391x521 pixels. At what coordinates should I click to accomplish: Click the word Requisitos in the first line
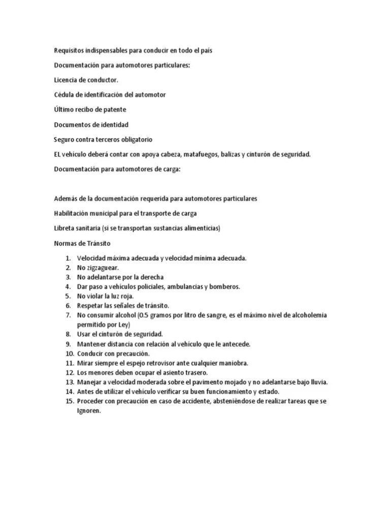[x=70, y=50]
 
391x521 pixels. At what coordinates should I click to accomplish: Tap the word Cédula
[x=64, y=95]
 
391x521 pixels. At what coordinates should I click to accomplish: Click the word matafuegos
[x=200, y=154]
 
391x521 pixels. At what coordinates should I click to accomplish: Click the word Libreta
[x=64, y=228]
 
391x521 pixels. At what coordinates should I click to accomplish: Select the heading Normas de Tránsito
[x=82, y=243]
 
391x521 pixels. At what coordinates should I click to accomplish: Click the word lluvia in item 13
[x=317, y=382]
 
